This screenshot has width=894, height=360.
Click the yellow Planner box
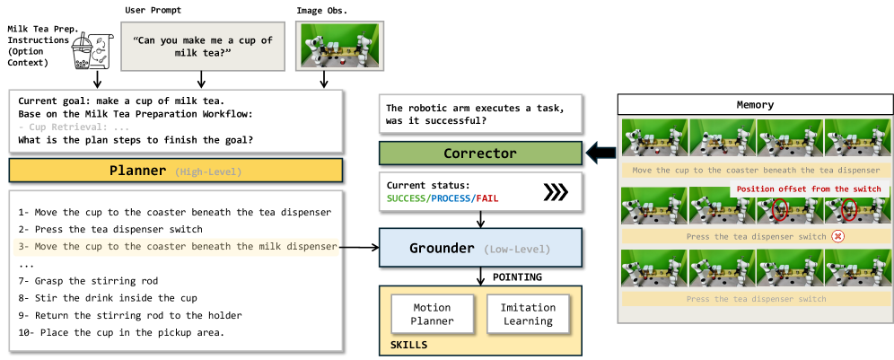point(176,170)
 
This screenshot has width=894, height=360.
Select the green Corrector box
point(480,153)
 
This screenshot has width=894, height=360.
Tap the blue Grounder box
point(480,248)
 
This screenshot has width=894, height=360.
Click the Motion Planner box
point(432,314)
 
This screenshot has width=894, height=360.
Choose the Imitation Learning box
point(528,314)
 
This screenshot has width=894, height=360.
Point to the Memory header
point(755,104)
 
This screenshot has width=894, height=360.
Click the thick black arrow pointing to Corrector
point(601,153)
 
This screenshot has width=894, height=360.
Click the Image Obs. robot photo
point(323,47)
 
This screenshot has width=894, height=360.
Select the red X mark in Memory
point(837,236)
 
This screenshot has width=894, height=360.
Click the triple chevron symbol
point(556,193)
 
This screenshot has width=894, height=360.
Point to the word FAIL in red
point(488,198)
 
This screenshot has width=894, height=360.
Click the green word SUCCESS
point(406,198)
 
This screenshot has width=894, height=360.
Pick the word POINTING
point(517,277)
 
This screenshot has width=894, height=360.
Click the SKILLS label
point(408,345)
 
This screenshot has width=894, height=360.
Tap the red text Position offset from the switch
point(809,189)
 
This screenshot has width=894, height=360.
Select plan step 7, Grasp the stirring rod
point(88,281)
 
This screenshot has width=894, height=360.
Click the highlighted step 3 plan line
point(176,247)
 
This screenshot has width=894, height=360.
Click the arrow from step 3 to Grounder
point(358,247)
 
